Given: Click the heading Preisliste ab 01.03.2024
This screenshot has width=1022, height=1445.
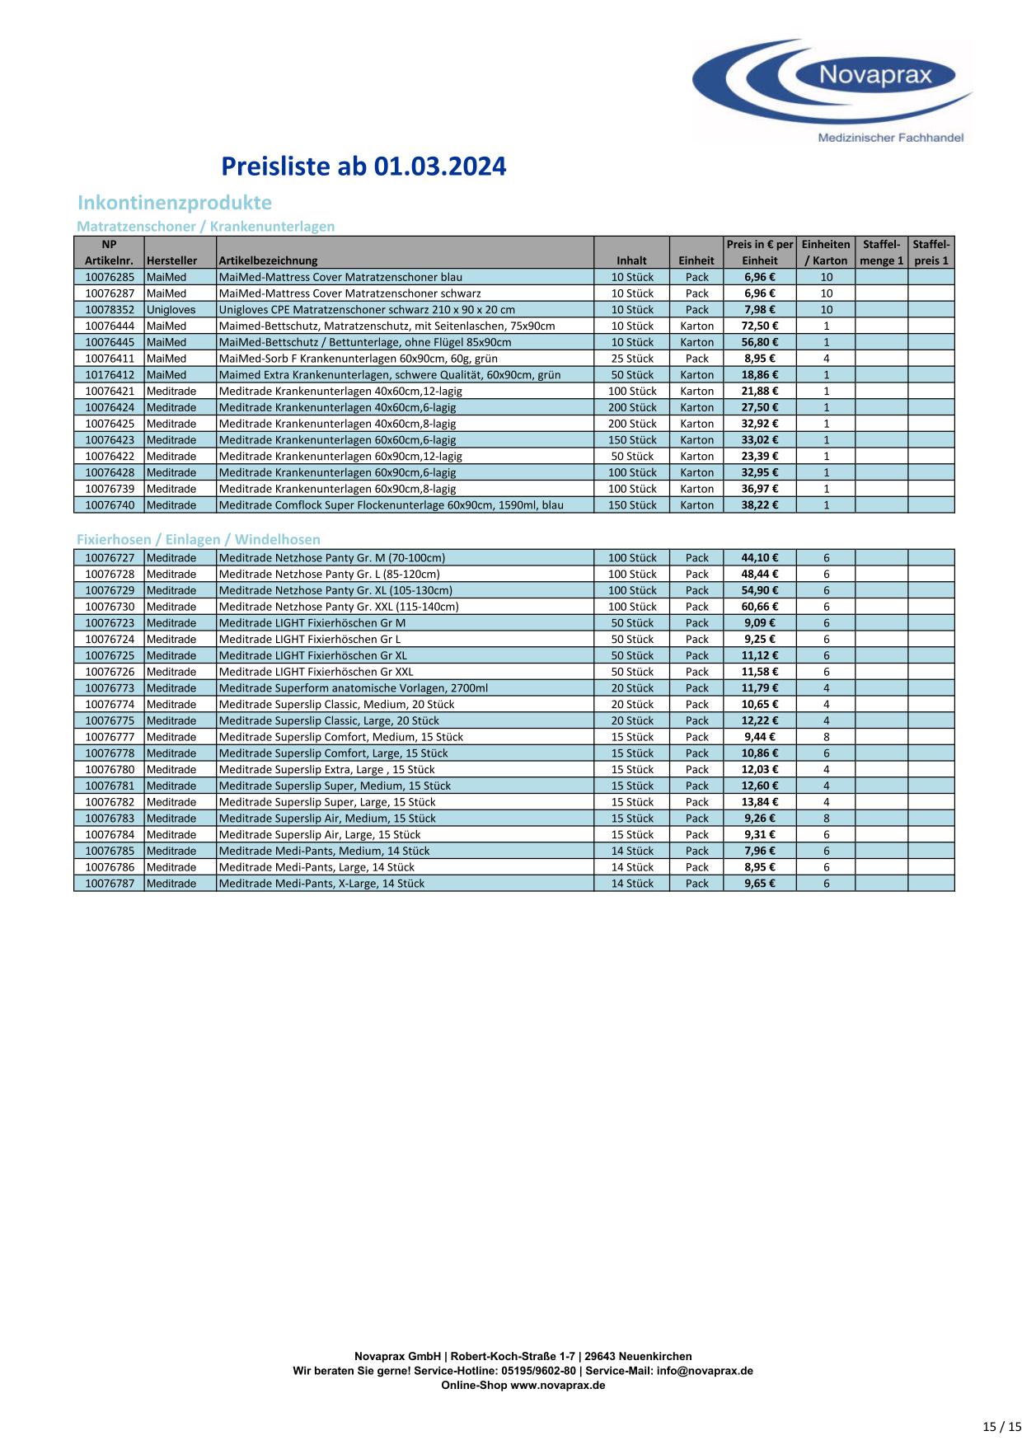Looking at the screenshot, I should click(x=363, y=167).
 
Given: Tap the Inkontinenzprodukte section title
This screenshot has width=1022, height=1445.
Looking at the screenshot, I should click(x=174, y=203).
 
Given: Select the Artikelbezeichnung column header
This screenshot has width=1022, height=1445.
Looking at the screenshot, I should click(x=268, y=260).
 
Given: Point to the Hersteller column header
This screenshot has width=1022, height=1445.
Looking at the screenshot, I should click(x=171, y=260).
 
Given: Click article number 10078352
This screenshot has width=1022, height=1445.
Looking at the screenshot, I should click(x=109, y=310).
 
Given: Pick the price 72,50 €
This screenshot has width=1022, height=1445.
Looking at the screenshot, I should click(x=759, y=326).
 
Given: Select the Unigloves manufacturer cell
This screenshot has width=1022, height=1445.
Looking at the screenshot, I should click(x=171, y=310).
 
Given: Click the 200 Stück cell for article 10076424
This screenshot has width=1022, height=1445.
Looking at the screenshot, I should click(x=631, y=407).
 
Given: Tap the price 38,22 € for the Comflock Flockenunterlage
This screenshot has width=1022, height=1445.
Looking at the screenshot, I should click(x=759, y=505).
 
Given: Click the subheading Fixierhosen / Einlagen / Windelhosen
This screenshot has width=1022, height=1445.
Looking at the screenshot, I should click(x=198, y=540).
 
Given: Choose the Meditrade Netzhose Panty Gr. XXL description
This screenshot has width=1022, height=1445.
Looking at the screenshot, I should click(x=339, y=607).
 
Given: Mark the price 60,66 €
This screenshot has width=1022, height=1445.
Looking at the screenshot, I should click(x=759, y=607).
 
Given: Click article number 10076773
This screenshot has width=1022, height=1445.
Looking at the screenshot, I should click(x=109, y=688).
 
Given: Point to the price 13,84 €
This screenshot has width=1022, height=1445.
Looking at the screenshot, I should click(x=759, y=802).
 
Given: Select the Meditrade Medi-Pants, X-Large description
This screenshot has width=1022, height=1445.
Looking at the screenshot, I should click(x=321, y=884).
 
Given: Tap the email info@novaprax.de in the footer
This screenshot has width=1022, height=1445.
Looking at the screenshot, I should click(x=705, y=1371).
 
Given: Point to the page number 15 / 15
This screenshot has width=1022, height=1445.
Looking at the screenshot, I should click(x=1002, y=1427).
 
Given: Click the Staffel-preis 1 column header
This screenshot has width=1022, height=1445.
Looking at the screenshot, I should click(x=931, y=252).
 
